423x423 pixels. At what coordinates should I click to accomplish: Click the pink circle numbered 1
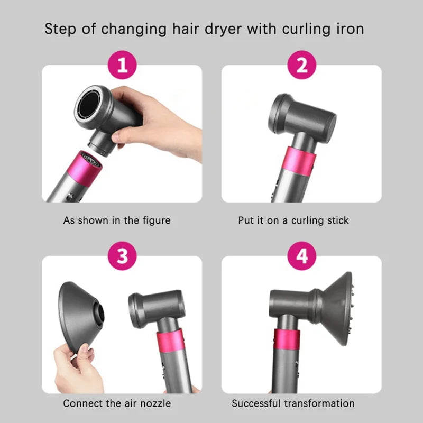click(122, 66)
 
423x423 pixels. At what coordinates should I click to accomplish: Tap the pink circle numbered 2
click(301, 66)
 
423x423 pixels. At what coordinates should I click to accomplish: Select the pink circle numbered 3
click(122, 256)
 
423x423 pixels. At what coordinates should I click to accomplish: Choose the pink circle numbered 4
click(301, 256)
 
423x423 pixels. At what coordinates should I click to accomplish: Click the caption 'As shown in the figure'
click(117, 220)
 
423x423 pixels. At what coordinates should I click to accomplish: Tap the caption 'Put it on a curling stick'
click(293, 220)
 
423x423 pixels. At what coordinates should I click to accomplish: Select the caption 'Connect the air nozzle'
click(117, 403)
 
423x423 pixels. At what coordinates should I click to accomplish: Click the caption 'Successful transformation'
click(293, 403)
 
